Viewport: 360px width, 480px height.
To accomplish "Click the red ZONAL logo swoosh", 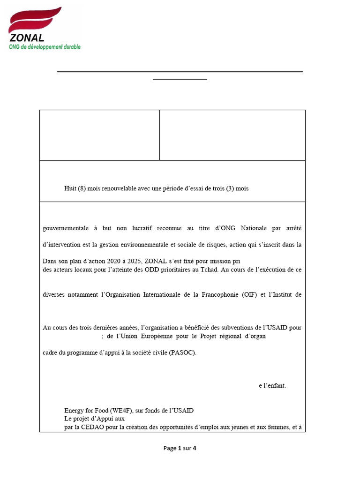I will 35,21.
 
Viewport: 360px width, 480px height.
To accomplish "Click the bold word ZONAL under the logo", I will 27,38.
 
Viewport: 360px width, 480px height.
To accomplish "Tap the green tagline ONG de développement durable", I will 45,47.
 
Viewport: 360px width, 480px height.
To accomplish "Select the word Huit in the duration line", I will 70,188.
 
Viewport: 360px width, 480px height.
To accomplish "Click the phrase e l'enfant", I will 272,386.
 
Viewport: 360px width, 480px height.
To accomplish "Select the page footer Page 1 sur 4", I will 180,448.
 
